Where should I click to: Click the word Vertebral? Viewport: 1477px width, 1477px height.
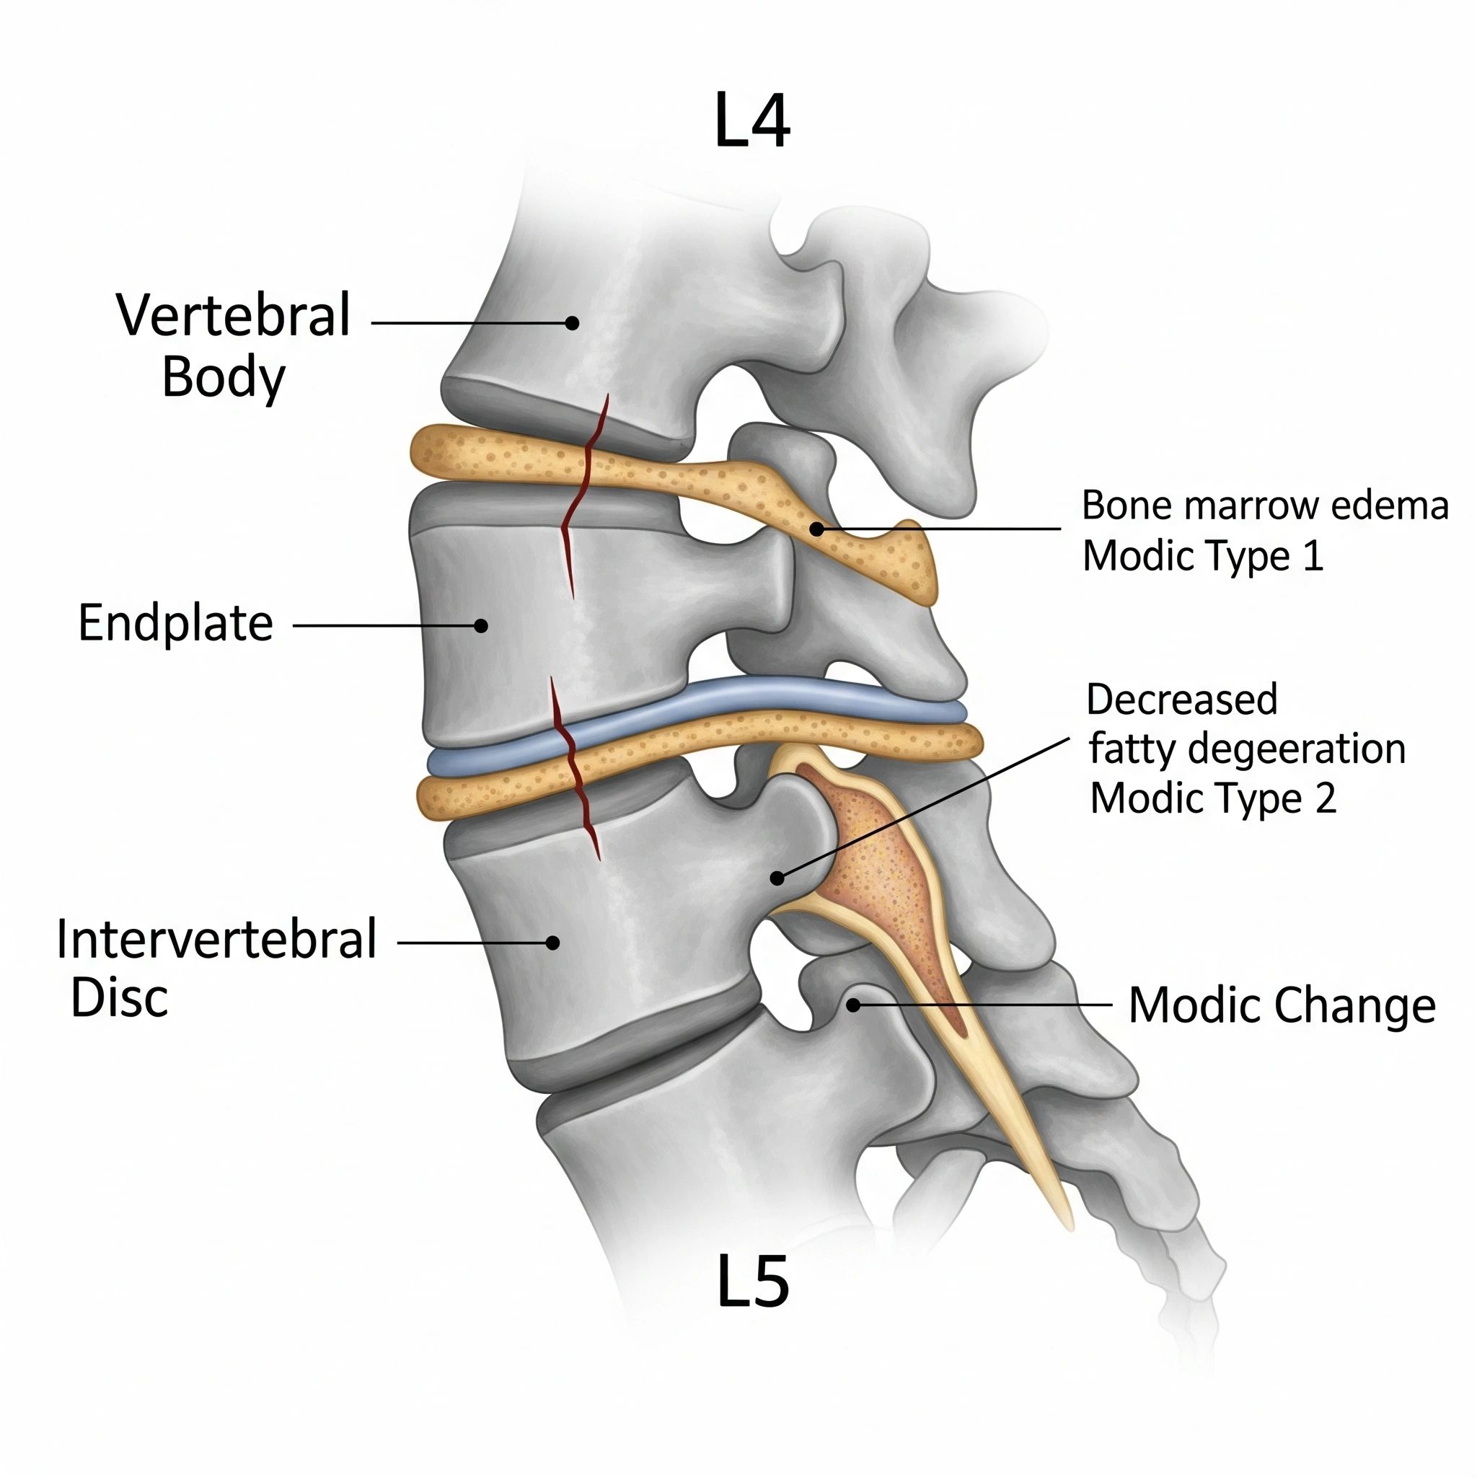233,314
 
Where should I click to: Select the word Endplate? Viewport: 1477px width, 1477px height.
176,623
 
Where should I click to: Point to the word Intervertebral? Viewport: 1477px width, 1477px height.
216,940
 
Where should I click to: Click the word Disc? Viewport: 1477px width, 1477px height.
119,998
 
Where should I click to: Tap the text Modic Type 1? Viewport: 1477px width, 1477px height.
1202,556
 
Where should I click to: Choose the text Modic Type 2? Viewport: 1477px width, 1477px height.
1213,798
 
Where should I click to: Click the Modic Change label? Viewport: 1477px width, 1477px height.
1282,1005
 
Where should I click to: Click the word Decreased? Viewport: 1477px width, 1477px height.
1182,699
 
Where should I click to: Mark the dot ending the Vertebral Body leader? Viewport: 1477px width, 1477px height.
572,322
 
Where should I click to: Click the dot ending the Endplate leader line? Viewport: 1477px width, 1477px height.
481,625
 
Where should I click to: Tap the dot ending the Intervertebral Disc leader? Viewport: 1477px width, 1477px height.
552,943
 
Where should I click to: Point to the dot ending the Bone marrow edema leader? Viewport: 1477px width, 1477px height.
816,528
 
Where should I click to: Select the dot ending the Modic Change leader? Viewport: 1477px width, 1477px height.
854,1005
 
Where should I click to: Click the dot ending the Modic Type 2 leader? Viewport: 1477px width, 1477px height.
777,878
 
